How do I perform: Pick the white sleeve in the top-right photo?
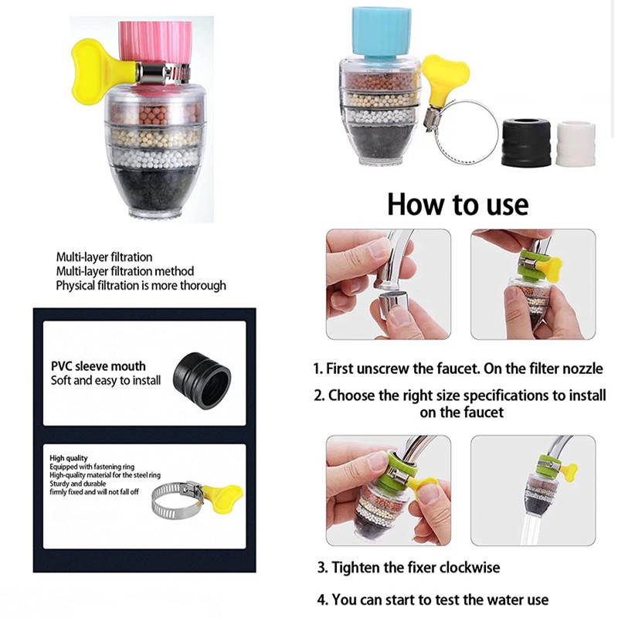576,142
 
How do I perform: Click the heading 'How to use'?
457,204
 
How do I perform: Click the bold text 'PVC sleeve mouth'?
98,366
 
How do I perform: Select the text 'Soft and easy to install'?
106,380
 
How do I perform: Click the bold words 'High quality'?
69,459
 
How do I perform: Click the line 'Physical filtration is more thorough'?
141,285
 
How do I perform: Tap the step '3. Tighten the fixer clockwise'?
408,568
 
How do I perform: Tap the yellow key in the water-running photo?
568,472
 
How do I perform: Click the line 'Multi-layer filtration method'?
124,271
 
